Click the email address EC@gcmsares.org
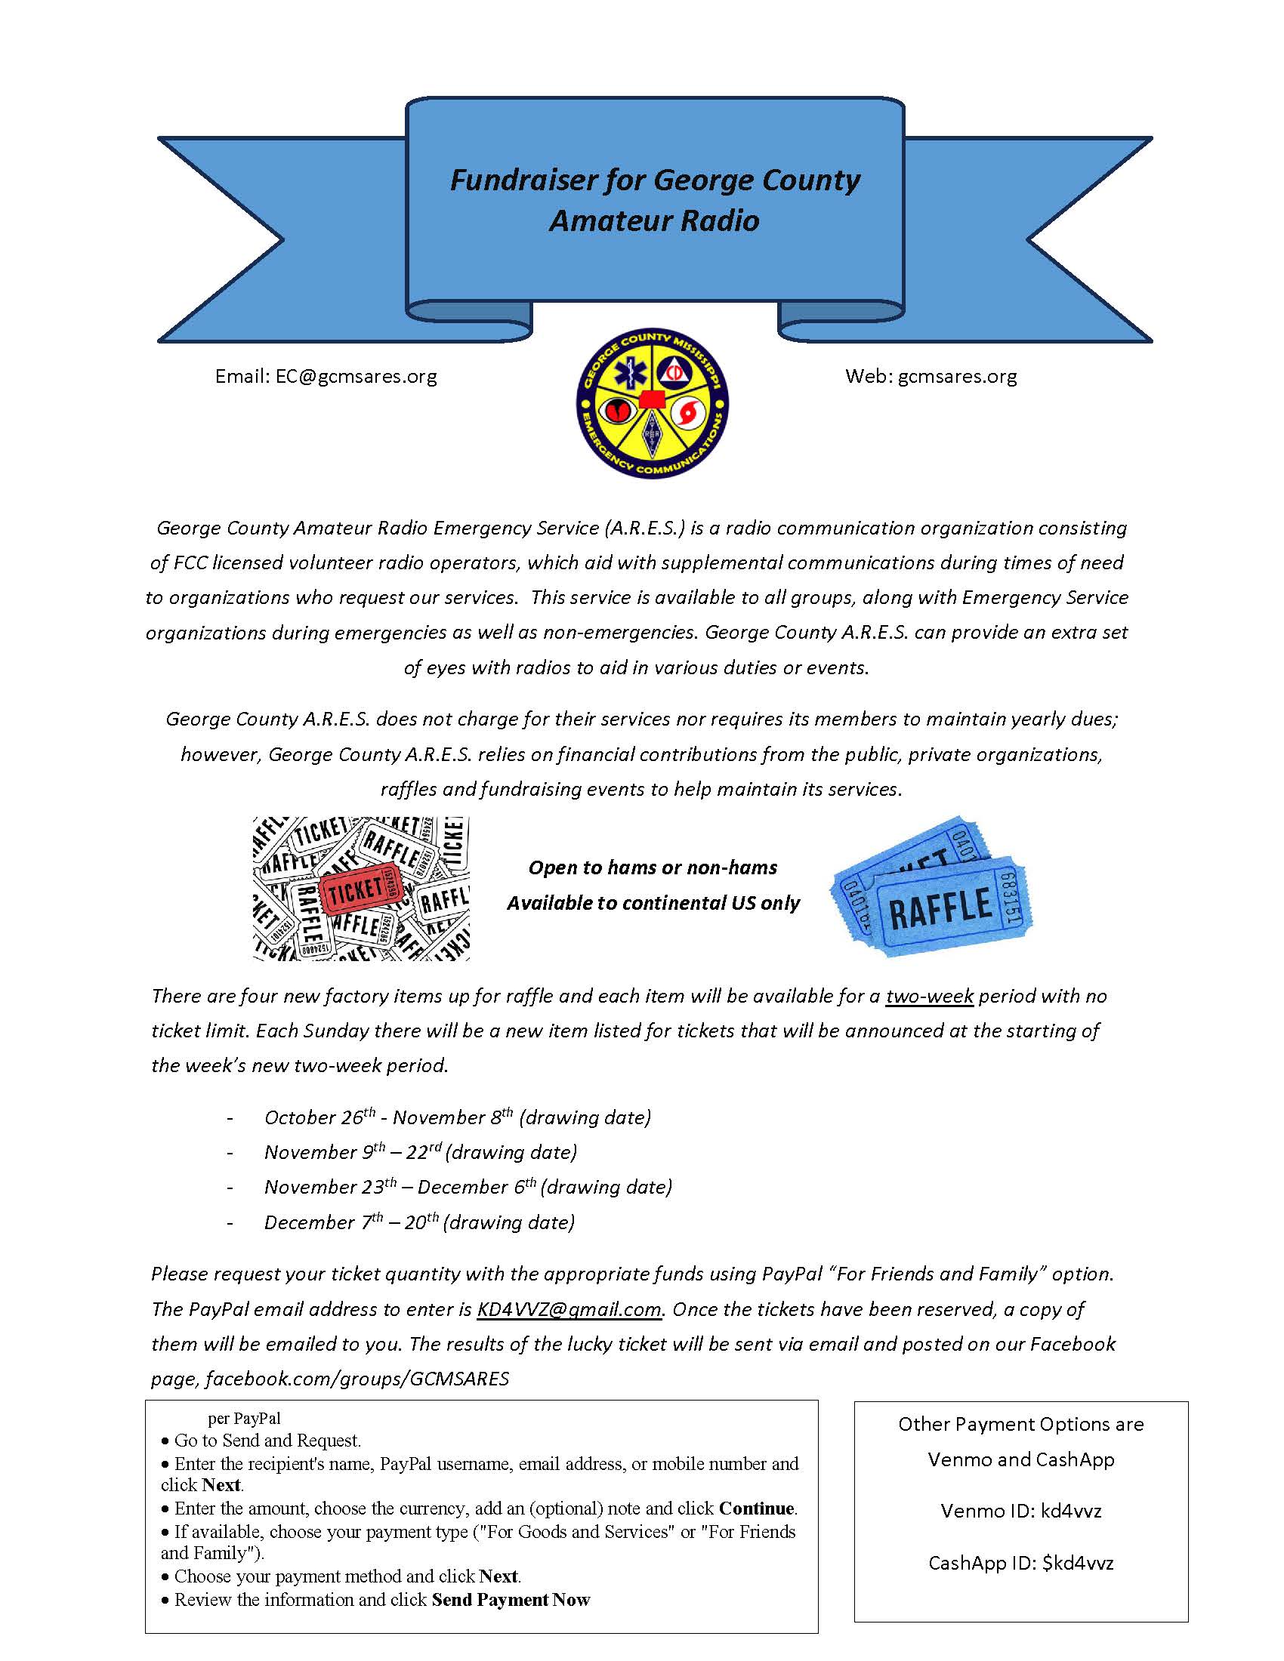(x=356, y=377)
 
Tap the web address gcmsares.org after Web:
(x=957, y=377)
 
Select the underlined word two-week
(x=930, y=997)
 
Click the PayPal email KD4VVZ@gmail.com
(x=569, y=1309)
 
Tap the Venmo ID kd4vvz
(x=1071, y=1511)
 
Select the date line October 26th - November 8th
(x=456, y=1117)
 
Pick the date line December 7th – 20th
(x=418, y=1222)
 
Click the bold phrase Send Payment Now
(x=511, y=1599)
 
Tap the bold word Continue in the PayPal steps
(x=757, y=1508)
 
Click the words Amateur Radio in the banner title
(x=654, y=220)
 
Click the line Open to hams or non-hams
(x=653, y=867)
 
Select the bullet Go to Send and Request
(x=268, y=1441)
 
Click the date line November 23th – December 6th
(x=468, y=1187)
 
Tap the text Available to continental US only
(x=653, y=903)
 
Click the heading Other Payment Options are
(x=1021, y=1424)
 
